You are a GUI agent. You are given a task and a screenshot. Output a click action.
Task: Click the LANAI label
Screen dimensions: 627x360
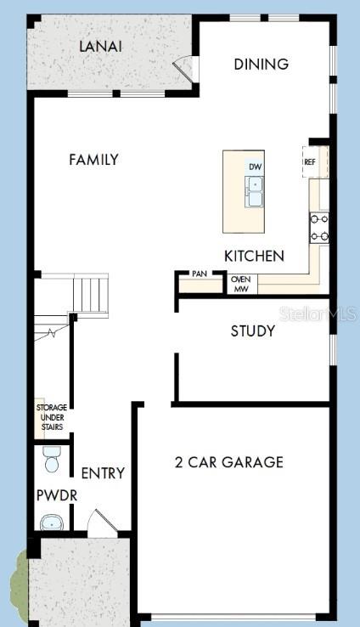click(x=100, y=46)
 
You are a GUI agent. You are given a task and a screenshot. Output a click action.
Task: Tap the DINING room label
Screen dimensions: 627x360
click(x=262, y=64)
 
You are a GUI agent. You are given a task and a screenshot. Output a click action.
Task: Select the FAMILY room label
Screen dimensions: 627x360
click(x=93, y=159)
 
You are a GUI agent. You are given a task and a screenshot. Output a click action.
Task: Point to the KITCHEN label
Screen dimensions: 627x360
click(x=254, y=256)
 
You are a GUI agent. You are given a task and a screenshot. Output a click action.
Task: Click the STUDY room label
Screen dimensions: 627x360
click(x=253, y=330)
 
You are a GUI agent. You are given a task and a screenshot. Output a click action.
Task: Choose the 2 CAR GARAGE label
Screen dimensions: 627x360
click(x=228, y=462)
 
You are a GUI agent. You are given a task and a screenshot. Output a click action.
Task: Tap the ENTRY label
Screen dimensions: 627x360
click(x=103, y=473)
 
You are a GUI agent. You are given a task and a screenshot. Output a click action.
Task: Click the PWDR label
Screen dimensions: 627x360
click(x=52, y=494)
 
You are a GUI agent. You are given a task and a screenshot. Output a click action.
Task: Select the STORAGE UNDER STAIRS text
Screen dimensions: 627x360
click(x=51, y=417)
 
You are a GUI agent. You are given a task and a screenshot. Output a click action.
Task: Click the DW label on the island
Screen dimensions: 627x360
click(x=255, y=167)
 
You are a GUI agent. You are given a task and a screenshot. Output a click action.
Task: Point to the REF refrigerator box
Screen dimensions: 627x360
click(x=311, y=161)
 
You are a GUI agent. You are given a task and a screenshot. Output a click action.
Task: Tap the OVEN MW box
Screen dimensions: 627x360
click(x=240, y=284)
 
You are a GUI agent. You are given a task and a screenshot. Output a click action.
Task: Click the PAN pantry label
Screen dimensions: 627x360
click(x=200, y=274)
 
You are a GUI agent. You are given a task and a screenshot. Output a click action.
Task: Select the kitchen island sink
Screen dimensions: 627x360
click(x=255, y=191)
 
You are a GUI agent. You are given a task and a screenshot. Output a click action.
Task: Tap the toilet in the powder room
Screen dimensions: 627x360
click(x=52, y=460)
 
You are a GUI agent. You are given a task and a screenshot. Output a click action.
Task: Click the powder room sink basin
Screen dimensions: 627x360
click(x=53, y=522)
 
